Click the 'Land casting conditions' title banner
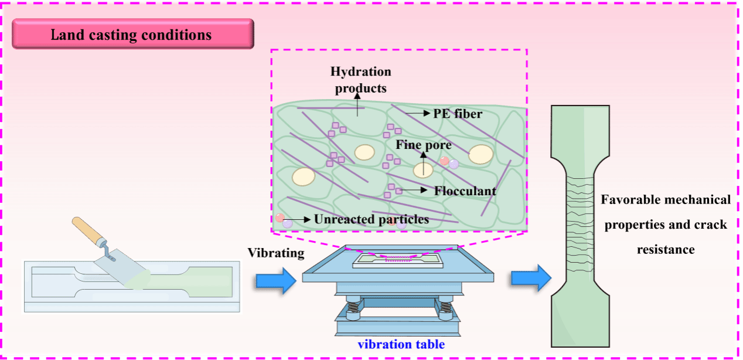(132, 35)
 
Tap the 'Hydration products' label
(360, 80)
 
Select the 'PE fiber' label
(458, 114)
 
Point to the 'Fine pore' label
(424, 145)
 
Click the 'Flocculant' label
(465, 191)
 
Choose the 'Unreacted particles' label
(371, 220)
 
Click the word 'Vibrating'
(276, 253)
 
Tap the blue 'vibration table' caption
(401, 344)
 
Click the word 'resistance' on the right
(665, 250)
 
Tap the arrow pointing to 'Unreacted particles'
(302, 220)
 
